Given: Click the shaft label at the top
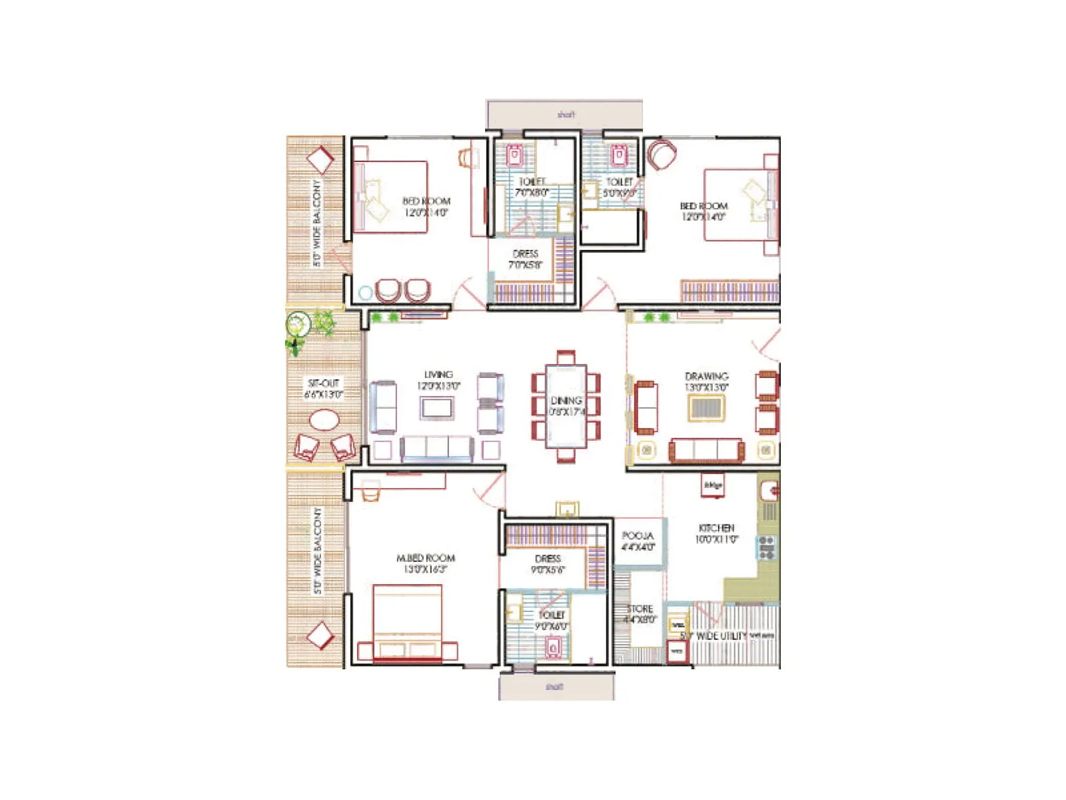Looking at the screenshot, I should (566, 115).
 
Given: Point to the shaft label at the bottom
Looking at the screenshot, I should (554, 687).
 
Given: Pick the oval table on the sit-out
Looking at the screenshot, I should (324, 421).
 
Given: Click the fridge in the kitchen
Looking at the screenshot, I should (712, 485).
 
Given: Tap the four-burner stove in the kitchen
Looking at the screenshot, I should (766, 547).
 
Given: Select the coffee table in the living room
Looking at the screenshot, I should (437, 407).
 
